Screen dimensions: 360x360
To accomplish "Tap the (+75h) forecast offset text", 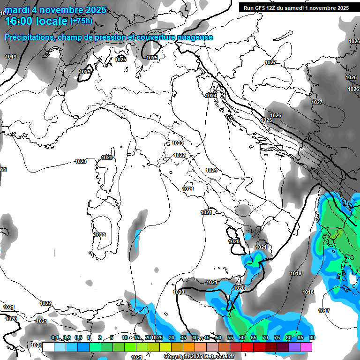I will point(81,21).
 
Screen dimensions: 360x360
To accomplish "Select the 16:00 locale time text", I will point(36,21).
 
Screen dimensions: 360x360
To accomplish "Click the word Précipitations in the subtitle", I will point(29,37).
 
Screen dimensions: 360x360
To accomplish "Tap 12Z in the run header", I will point(274,8).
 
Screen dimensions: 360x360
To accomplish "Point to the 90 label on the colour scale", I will point(312,338).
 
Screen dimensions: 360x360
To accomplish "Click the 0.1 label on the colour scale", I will point(55,338).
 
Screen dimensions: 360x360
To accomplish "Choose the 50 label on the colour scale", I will point(218,338).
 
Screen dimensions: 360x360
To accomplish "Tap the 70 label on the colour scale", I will point(265,338).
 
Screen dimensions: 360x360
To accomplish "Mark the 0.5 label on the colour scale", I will point(78,338).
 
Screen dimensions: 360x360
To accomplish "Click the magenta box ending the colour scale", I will point(306,347).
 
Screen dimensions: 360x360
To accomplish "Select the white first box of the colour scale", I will point(48,347).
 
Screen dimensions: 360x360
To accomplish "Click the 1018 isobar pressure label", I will point(308,292).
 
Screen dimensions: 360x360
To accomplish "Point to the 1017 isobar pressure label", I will point(323,311).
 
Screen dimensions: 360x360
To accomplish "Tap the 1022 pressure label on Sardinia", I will point(99,235).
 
